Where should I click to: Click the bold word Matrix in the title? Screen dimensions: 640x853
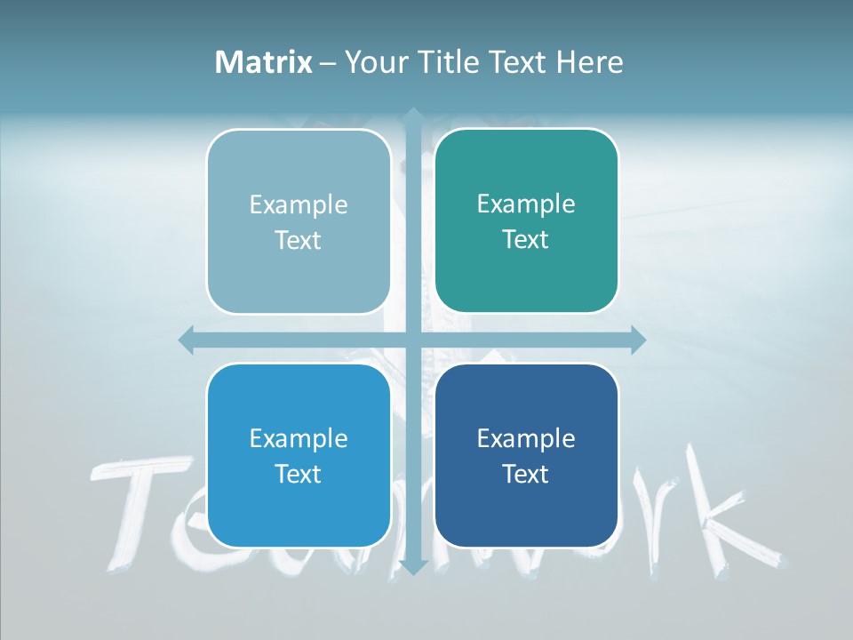264,62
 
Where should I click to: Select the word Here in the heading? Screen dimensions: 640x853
589,62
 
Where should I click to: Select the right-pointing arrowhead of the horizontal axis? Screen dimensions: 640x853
637,340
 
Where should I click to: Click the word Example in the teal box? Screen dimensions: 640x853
526,204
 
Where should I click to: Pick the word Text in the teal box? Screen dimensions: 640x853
526,240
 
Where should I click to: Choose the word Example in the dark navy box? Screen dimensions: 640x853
526,438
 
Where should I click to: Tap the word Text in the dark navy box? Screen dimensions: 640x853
526,474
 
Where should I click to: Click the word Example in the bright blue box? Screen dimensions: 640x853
299,438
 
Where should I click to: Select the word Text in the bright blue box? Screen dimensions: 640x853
299,474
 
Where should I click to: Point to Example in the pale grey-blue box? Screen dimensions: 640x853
299,205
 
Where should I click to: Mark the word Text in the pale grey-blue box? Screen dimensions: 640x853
299,241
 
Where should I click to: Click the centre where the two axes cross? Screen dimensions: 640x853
412,340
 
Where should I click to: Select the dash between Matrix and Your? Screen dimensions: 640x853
328,63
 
